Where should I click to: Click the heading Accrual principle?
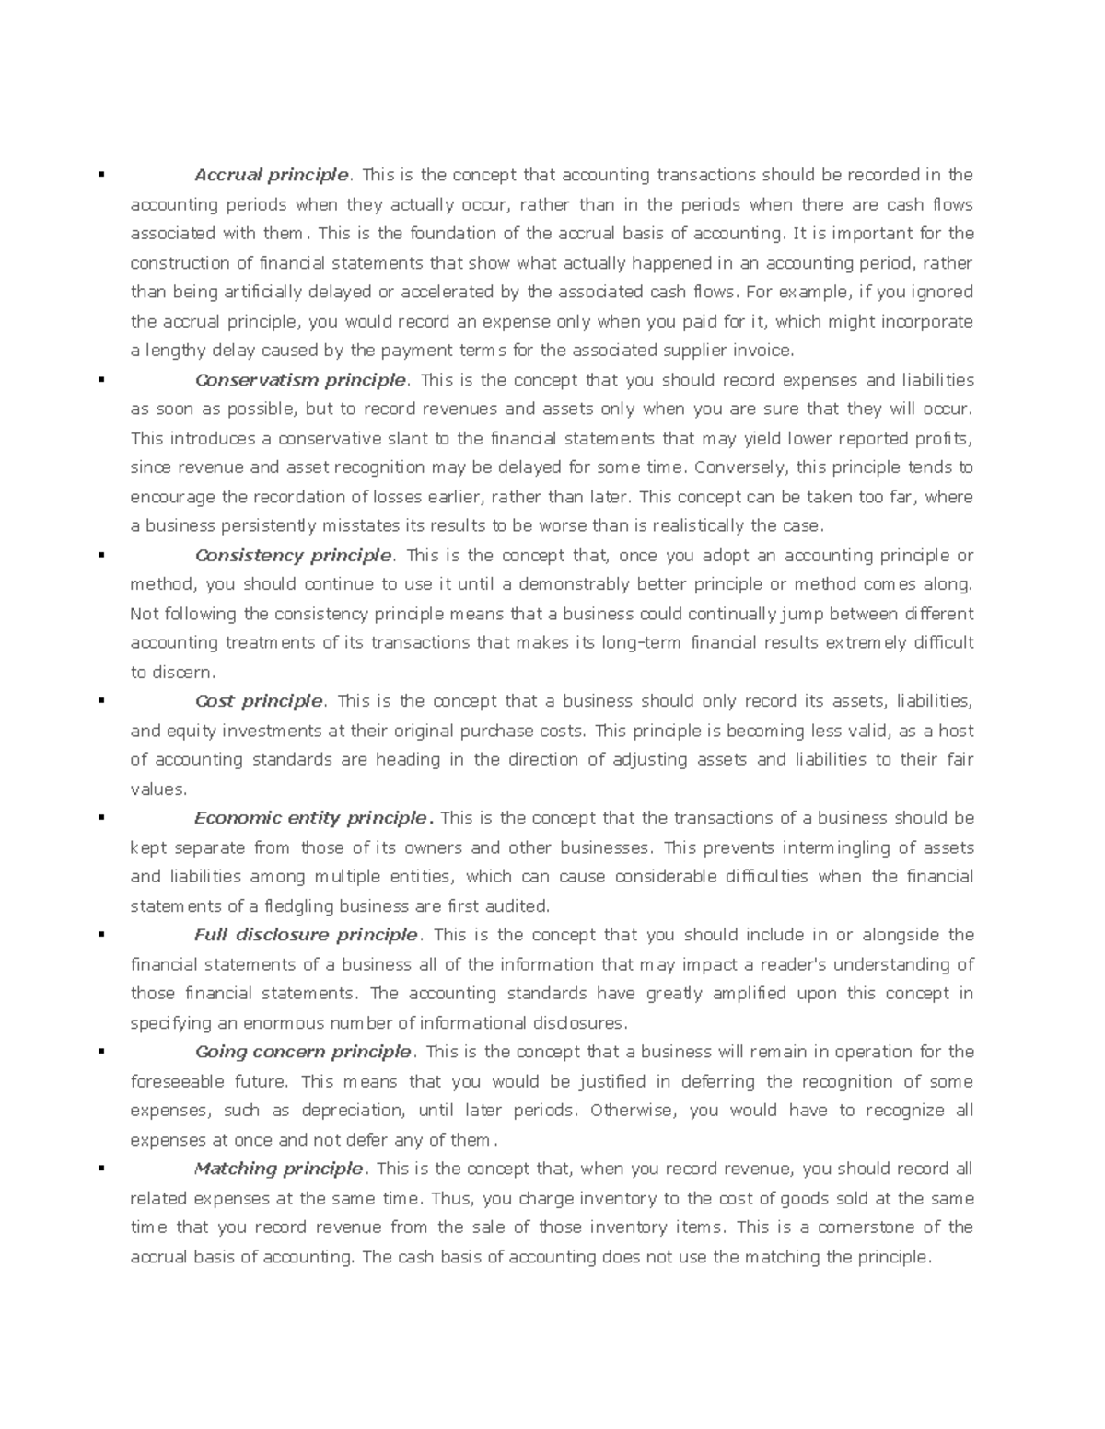(x=271, y=175)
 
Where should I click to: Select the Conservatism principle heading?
(x=300, y=380)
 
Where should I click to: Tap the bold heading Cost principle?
(x=259, y=701)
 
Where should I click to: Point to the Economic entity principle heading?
(x=311, y=818)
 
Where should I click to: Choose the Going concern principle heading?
(x=302, y=1052)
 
